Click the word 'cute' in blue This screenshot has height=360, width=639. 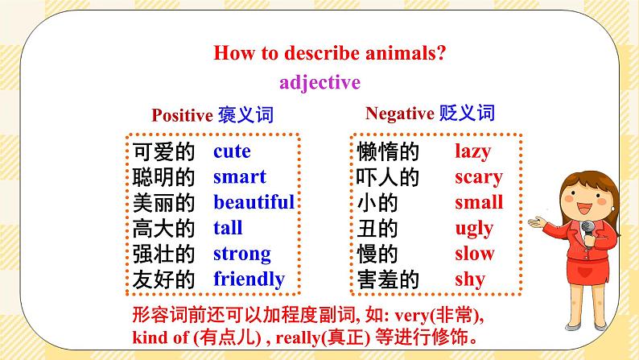point(232,151)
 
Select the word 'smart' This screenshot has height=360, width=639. point(239,177)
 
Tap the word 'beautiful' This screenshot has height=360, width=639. point(254,202)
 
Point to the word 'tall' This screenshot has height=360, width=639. point(228,228)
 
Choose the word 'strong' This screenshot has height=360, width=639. point(241,254)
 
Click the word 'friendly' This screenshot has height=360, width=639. point(249,279)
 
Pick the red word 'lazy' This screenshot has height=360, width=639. point(472,151)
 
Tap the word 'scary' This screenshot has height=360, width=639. point(478,177)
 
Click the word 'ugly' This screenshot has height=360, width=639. point(473,228)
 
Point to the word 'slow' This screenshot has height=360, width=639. point(474,254)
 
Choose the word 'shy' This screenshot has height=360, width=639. point(470,279)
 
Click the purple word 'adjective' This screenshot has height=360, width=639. point(319,82)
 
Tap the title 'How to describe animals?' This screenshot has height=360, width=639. point(329,54)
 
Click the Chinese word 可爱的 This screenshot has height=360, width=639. point(163,151)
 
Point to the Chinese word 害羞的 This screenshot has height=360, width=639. point(388,279)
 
